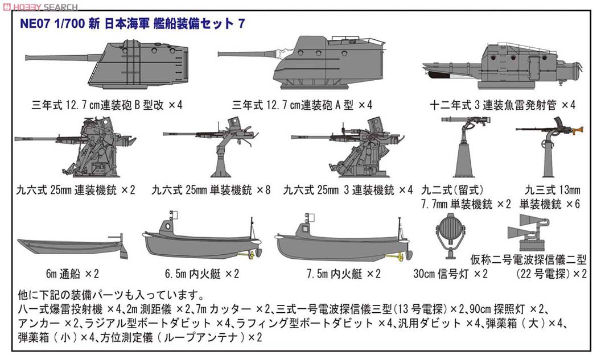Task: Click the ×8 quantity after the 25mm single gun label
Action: click(262, 189)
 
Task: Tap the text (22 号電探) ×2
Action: click(551, 274)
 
